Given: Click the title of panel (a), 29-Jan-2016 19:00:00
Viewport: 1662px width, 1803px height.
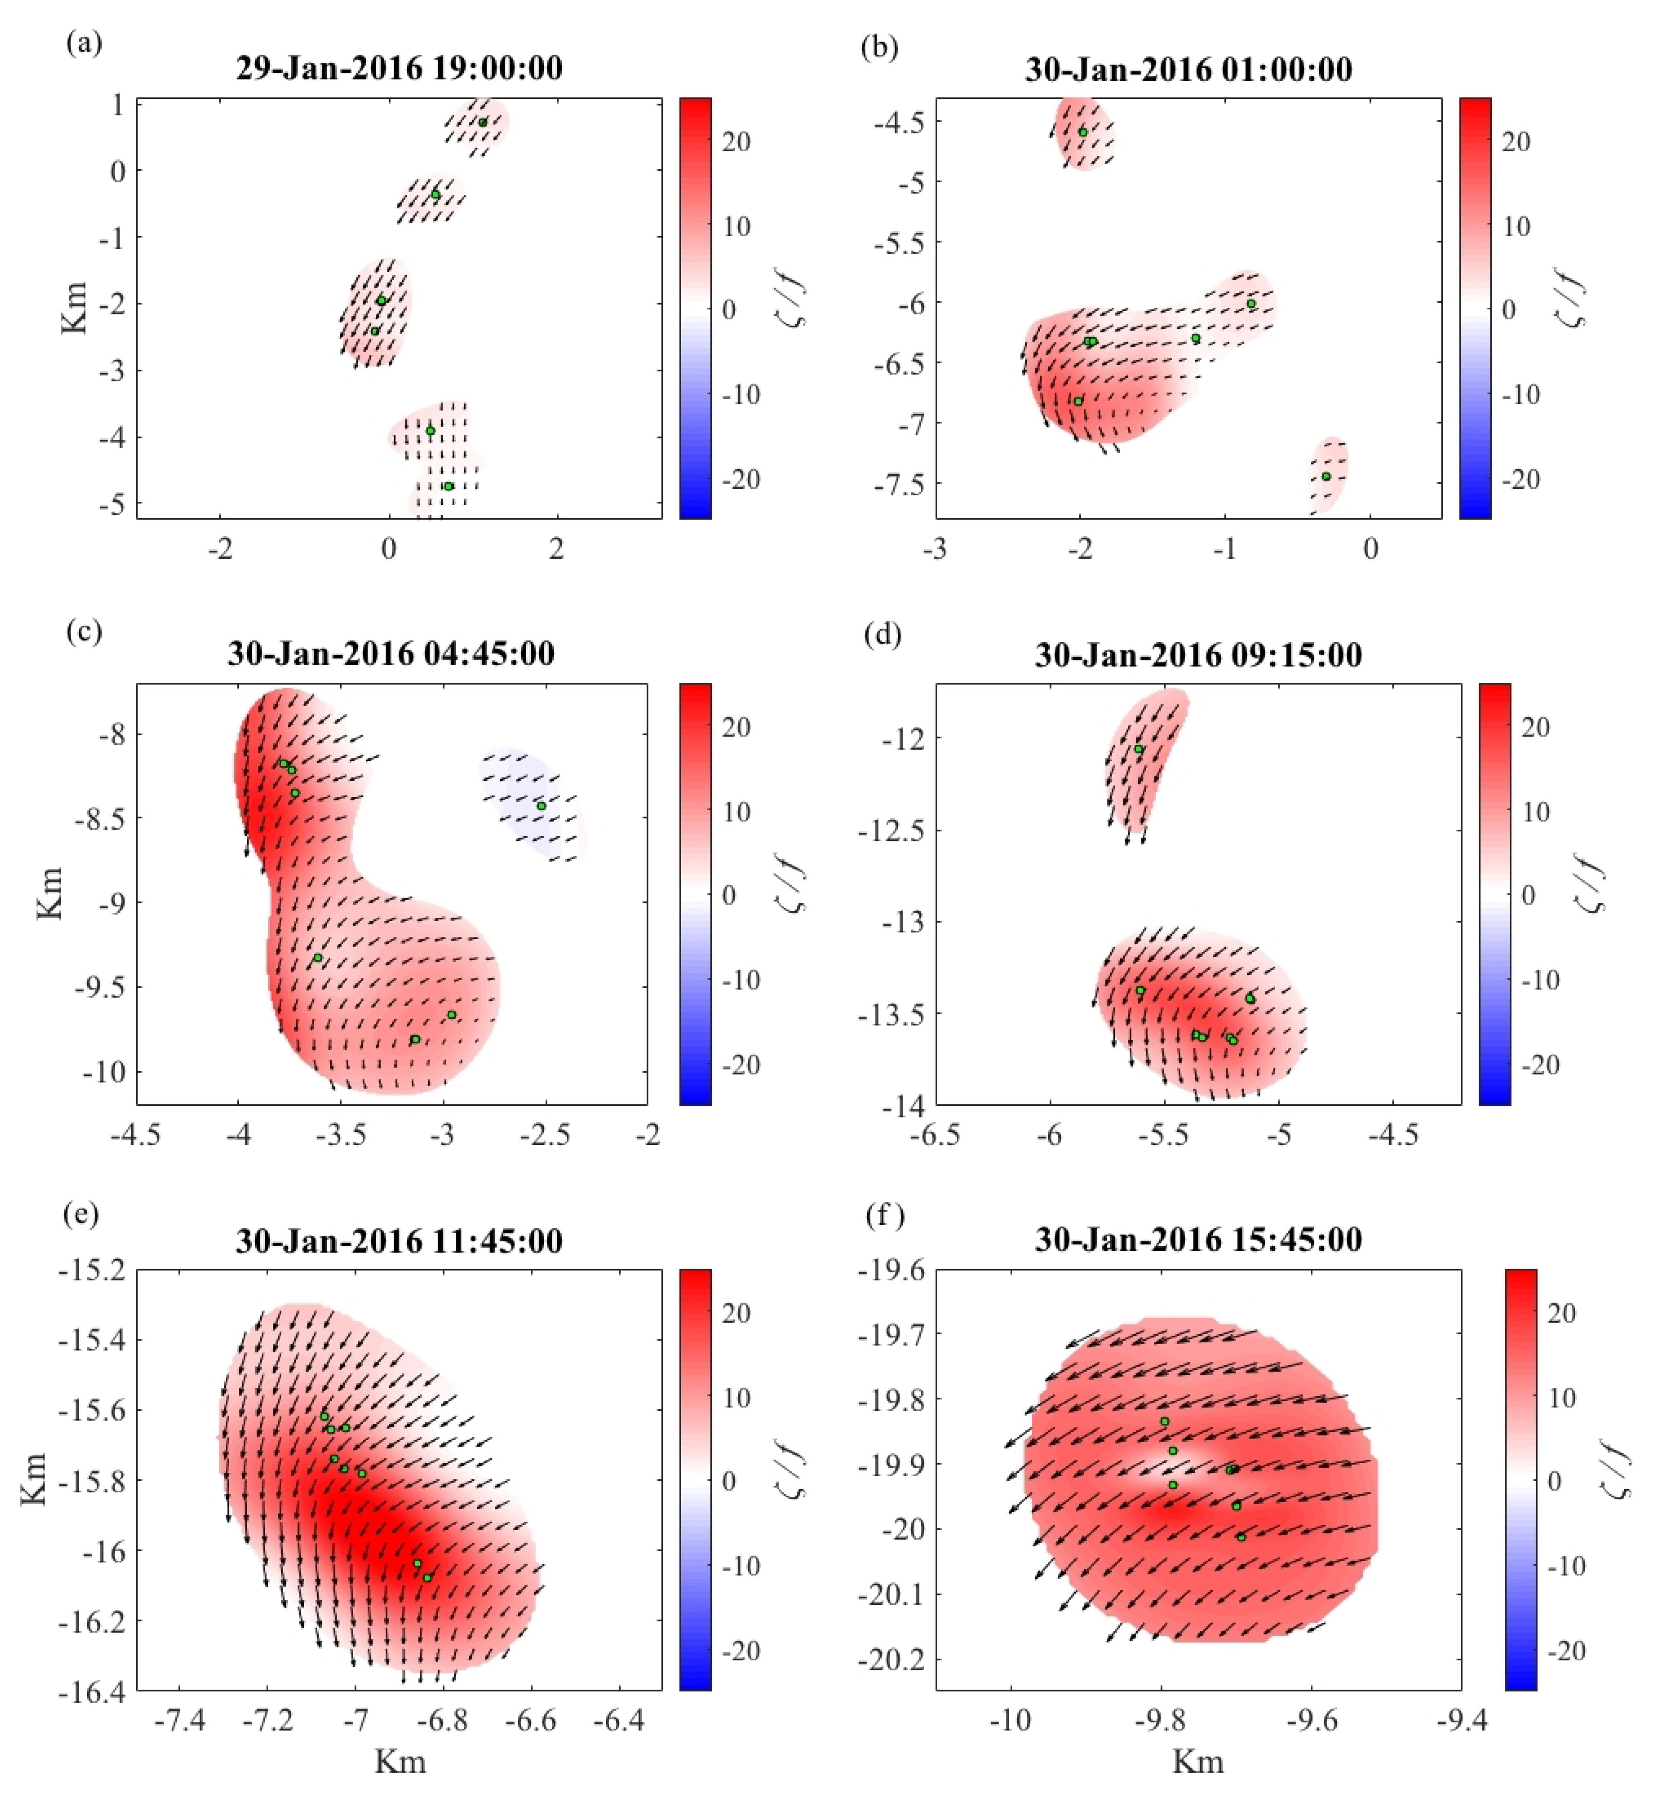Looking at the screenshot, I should pyautogui.click(x=399, y=69).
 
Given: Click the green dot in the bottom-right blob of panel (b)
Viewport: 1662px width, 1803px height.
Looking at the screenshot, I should pyautogui.click(x=1326, y=477).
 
